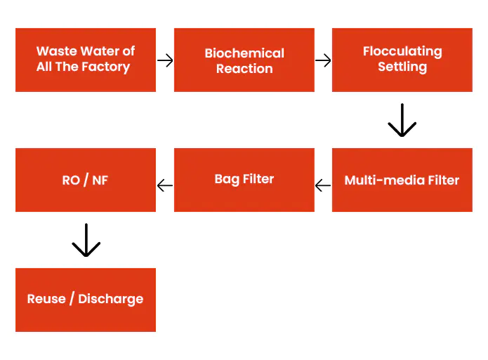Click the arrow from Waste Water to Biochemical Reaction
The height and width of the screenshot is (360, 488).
[165, 60]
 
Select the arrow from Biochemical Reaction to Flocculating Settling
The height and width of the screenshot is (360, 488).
[323, 60]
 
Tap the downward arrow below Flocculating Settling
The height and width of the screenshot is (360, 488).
[402, 120]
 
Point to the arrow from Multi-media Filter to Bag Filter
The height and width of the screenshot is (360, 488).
[323, 186]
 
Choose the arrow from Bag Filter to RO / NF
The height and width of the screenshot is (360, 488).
[165, 186]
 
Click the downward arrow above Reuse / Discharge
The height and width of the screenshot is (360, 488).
[86, 240]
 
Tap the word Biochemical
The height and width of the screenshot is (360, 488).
[244, 53]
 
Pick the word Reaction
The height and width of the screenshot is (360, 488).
[244, 69]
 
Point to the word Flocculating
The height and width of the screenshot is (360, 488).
[402, 52]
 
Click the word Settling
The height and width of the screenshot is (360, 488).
[402, 67]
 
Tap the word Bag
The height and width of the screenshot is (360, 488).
[227, 180]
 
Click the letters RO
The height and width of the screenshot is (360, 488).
[71, 180]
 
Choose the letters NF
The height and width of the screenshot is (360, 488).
[100, 180]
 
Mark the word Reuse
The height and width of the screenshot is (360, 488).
[46, 299]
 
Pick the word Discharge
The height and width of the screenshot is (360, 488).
[111, 300]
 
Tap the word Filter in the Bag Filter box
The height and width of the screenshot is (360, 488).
[258, 179]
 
